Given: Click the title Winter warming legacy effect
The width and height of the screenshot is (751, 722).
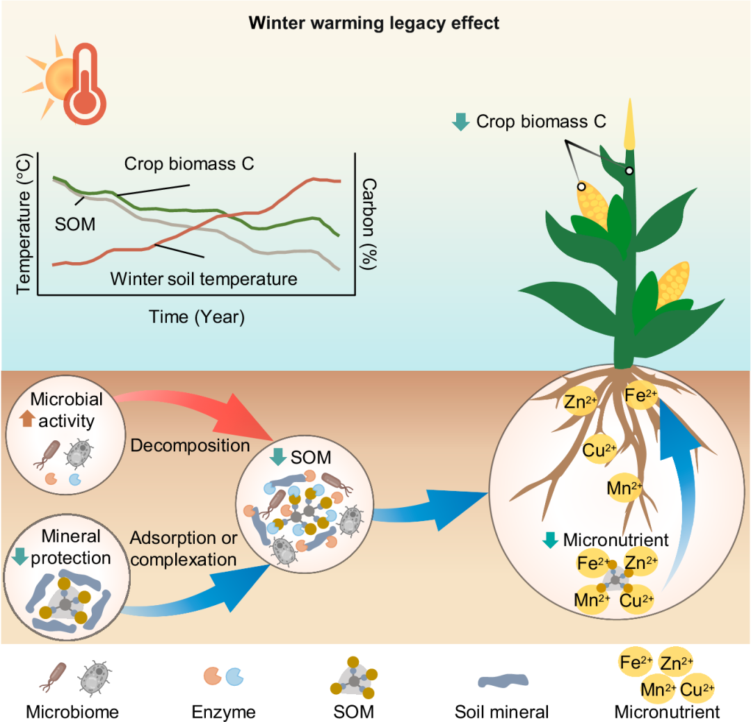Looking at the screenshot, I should pyautogui.click(x=375, y=23).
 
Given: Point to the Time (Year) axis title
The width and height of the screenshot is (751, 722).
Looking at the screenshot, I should pyautogui.click(x=197, y=317).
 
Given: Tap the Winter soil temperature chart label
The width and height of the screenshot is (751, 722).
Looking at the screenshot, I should pyautogui.click(x=204, y=279).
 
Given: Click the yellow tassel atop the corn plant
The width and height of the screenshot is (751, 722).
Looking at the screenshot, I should pyautogui.click(x=629, y=125).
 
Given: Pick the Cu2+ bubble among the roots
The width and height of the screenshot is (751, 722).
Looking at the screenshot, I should pyautogui.click(x=599, y=450).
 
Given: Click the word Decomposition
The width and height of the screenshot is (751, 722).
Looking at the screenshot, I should pyautogui.click(x=190, y=444).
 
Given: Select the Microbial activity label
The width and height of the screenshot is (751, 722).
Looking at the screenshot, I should pyautogui.click(x=67, y=410).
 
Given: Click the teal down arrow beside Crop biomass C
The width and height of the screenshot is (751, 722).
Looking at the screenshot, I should pyautogui.click(x=460, y=122).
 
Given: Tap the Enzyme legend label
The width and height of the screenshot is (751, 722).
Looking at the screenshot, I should pyautogui.click(x=223, y=712).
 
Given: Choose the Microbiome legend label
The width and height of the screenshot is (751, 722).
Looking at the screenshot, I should pyautogui.click(x=72, y=712).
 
